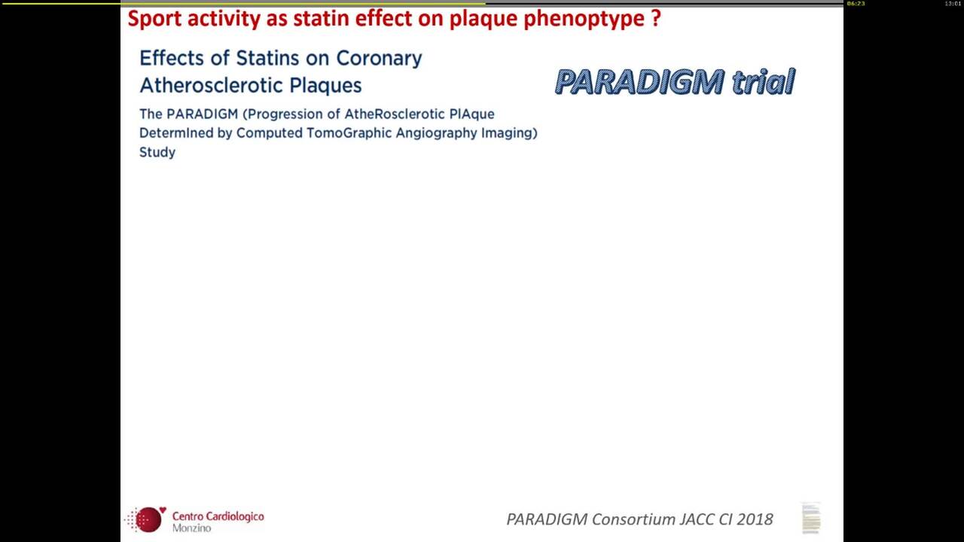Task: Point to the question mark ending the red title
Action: click(x=656, y=18)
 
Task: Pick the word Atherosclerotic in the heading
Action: click(x=211, y=85)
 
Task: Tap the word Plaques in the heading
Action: click(x=325, y=86)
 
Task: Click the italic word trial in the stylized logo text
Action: click(x=764, y=81)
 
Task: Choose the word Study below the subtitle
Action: click(x=157, y=153)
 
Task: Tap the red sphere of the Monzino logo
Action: click(x=148, y=519)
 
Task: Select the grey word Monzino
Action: click(x=192, y=528)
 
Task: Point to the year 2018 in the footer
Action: click(x=755, y=519)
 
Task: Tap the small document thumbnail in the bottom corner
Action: click(x=811, y=518)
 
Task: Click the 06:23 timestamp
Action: click(x=856, y=4)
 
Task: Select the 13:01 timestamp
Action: click(x=952, y=4)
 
